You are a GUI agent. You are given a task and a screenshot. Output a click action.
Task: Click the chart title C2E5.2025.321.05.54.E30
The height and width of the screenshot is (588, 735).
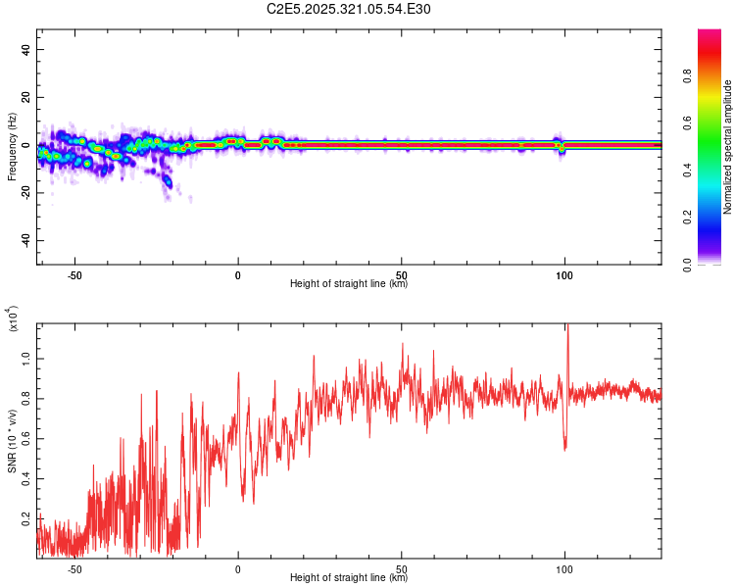(x=349, y=10)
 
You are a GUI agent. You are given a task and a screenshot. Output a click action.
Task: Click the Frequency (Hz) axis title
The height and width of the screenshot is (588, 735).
(x=12, y=145)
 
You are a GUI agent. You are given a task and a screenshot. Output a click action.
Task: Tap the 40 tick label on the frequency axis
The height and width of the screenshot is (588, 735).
(x=26, y=50)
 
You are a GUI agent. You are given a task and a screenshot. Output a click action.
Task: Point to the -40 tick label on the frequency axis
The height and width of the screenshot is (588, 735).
(x=24, y=240)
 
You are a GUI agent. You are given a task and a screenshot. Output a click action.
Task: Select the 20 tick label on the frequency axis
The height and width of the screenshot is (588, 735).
(x=26, y=98)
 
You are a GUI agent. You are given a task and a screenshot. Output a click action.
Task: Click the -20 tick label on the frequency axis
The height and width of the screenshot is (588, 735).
(x=24, y=193)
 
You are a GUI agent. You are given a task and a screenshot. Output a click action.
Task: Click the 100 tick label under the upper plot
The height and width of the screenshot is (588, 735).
(x=564, y=275)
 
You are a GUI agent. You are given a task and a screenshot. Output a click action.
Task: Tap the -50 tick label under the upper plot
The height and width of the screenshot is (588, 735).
(x=73, y=275)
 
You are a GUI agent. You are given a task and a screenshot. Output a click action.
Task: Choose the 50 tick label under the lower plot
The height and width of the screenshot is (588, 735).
(x=402, y=568)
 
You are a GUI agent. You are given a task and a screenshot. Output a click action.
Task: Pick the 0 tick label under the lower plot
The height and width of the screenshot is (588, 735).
(x=238, y=568)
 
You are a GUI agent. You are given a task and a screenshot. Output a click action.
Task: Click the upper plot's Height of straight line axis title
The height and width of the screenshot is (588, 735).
(x=349, y=285)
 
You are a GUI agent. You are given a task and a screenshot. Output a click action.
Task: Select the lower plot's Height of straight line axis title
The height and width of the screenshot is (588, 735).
(x=349, y=578)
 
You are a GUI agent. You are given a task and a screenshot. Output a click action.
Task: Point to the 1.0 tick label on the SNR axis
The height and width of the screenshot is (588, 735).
(x=26, y=360)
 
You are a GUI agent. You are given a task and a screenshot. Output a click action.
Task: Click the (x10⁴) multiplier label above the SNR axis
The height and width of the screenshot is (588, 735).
(x=14, y=319)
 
